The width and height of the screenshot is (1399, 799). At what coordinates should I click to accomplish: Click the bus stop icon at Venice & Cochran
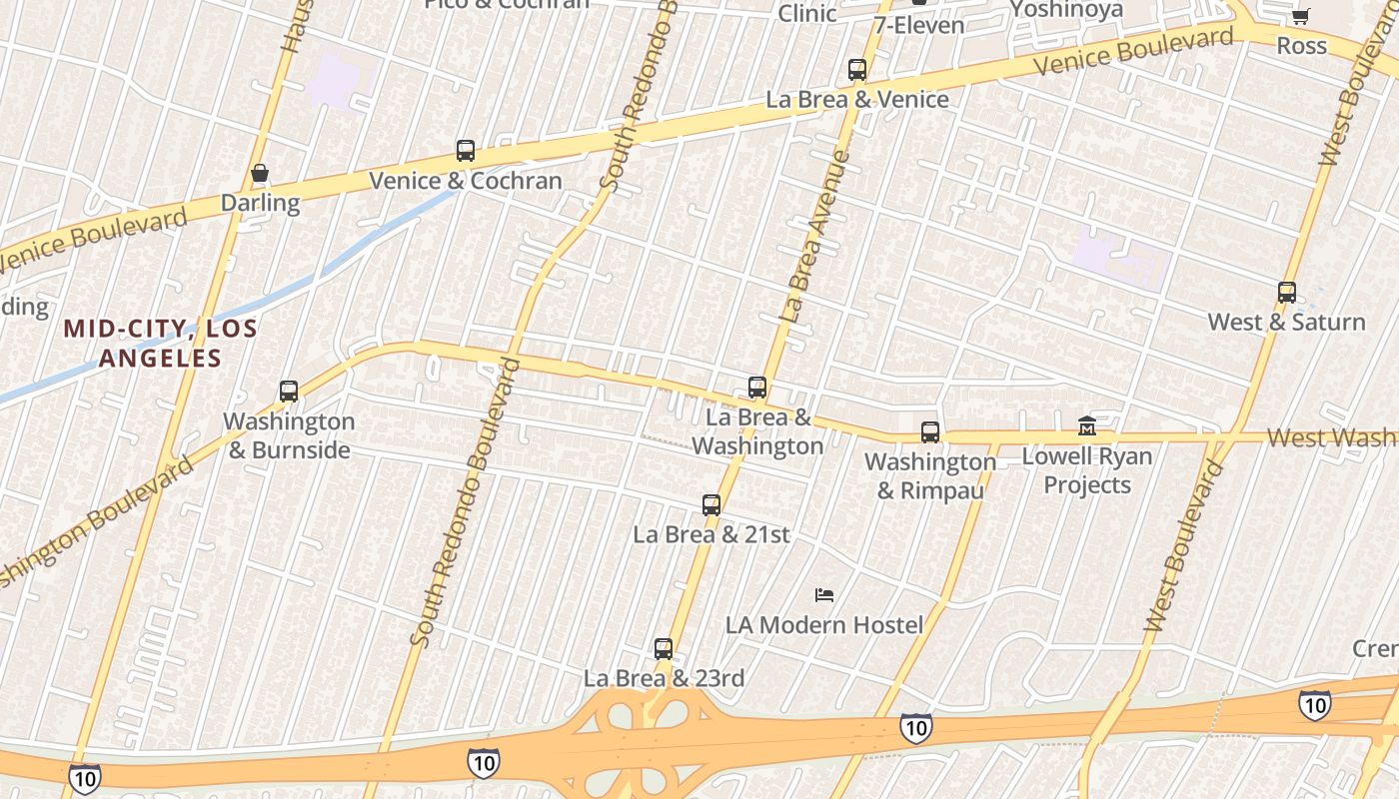click(466, 152)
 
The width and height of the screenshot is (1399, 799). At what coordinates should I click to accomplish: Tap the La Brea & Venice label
click(857, 99)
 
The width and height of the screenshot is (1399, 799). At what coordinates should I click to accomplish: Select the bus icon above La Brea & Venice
click(857, 70)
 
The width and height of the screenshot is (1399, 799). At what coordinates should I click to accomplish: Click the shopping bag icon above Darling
click(260, 174)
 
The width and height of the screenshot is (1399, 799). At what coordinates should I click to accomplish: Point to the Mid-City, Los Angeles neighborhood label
click(160, 343)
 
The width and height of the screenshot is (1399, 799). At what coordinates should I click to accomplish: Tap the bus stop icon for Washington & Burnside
click(289, 392)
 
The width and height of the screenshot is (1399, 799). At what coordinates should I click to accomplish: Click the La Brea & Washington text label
click(757, 431)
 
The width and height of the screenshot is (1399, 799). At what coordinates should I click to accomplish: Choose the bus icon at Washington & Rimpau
click(930, 432)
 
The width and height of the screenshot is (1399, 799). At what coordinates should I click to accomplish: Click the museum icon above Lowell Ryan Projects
click(1087, 426)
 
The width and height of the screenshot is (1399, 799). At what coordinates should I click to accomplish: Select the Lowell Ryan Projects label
click(1087, 470)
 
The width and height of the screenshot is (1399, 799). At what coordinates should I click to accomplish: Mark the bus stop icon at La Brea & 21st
click(711, 505)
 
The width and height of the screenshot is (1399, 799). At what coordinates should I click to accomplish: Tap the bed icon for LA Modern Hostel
click(824, 595)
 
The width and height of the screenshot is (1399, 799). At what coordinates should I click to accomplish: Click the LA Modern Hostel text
click(824, 625)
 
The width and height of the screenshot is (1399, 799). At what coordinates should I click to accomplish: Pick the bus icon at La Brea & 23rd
click(664, 649)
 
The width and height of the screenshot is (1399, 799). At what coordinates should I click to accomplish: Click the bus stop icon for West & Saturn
click(1287, 293)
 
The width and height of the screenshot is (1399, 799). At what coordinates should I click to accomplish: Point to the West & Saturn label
click(1287, 322)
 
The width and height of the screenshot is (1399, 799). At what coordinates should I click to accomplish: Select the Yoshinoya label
click(1066, 10)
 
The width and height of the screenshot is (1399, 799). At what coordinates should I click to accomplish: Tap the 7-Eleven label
click(919, 25)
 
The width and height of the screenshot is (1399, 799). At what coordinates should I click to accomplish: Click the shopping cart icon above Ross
click(1300, 17)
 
